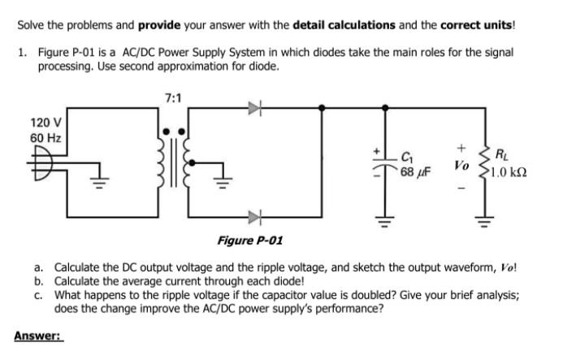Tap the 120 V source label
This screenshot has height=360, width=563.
tap(43, 123)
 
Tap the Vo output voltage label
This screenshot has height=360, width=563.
tap(461, 165)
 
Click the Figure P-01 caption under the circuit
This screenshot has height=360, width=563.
tap(250, 241)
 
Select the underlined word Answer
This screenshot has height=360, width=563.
tap(37, 335)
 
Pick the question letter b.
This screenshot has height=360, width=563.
tap(38, 281)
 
